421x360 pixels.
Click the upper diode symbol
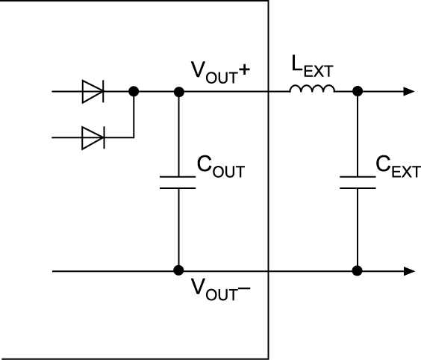tap(93, 92)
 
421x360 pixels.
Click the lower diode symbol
tap(93, 138)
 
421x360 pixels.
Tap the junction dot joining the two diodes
tap(134, 92)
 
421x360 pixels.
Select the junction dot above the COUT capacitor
tap(179, 92)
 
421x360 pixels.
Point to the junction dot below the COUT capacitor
tap(178, 270)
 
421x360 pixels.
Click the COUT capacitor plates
tap(178, 183)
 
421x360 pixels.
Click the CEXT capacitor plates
tap(358, 183)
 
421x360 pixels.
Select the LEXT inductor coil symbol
tap(312, 89)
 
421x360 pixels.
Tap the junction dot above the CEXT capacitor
tap(358, 91)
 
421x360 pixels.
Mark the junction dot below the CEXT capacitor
tap(357, 270)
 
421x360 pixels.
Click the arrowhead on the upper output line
tap(409, 91)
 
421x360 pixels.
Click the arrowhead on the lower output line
tap(409, 271)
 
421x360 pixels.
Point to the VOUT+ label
tap(220, 72)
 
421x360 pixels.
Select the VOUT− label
tap(220, 289)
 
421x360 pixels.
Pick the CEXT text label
tap(398, 167)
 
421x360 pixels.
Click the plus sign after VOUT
tap(244, 70)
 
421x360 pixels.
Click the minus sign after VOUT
tap(244, 289)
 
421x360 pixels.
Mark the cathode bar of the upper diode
tap(103, 92)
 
